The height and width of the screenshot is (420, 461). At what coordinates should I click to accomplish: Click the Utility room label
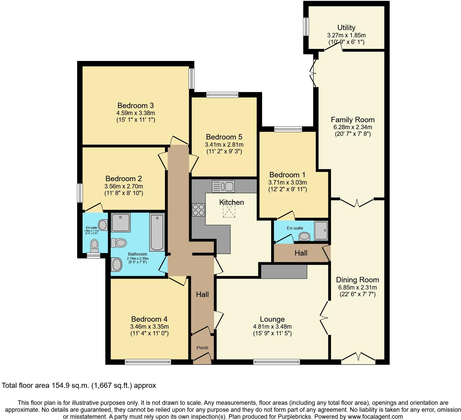tap(346, 28)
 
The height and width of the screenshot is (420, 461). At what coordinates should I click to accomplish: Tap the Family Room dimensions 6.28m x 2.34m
tap(353, 127)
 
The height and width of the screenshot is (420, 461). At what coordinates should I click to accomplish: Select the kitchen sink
tap(223, 187)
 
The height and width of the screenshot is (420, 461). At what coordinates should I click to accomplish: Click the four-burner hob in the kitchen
tap(198, 210)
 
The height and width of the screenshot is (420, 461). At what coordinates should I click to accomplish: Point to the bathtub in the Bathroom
tap(157, 233)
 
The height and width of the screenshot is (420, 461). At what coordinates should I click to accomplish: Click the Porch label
tap(202, 348)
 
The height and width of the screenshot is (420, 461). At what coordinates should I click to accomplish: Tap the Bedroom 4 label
tap(149, 319)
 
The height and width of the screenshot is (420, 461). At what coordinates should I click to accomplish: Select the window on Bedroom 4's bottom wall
tap(148, 362)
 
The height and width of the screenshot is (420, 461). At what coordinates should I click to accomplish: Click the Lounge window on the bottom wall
tap(277, 362)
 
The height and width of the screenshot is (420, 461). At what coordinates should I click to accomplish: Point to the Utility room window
tap(306, 27)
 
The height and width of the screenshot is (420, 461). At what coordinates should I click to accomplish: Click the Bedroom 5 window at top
tap(222, 95)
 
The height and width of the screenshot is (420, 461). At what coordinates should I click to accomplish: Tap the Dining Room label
tap(357, 280)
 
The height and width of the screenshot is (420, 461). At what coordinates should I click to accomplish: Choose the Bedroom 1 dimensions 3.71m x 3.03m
tap(288, 182)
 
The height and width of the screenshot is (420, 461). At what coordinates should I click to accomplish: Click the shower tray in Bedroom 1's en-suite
tap(321, 231)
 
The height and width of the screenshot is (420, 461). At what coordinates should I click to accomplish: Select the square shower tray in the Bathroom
tap(121, 222)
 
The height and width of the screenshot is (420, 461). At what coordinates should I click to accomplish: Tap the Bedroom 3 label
tap(136, 106)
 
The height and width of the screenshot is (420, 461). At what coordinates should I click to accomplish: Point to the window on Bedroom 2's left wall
tap(80, 193)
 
